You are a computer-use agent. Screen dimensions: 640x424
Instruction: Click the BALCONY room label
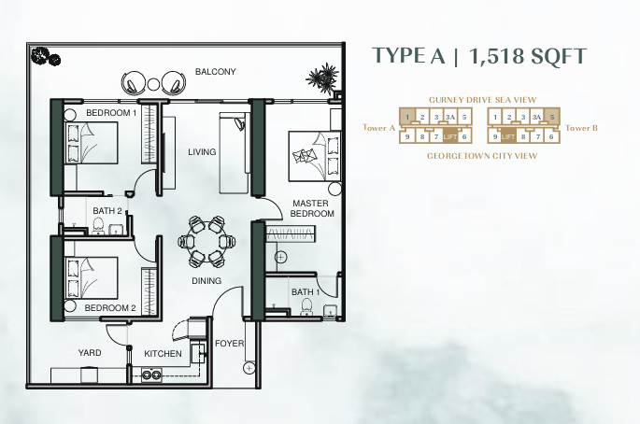pos(216,72)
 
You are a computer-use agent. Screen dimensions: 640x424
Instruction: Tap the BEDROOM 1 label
pos(111,113)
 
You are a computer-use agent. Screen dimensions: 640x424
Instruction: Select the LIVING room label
pos(202,152)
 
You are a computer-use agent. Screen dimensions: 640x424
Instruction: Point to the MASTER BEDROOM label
pos(312,208)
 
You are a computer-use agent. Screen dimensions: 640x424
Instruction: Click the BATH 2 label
pos(107,211)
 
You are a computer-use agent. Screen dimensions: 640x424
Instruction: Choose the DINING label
pos(206,281)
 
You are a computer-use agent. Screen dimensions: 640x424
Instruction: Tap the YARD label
pos(90,353)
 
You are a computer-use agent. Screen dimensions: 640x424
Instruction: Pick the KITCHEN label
pos(163,353)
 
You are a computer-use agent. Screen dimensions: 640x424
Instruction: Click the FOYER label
pos(230,344)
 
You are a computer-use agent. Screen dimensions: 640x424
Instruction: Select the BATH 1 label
pos(306,292)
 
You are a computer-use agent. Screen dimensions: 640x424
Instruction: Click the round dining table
pos(206,242)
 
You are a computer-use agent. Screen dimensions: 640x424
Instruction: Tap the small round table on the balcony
pos(153,84)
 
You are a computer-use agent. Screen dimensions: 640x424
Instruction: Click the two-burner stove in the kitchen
pos(151,375)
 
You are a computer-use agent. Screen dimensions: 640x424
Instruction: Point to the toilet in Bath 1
pos(306,307)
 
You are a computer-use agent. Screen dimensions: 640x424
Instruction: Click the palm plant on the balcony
pos(323,78)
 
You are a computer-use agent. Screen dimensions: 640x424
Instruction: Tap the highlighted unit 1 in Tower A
pos(407,117)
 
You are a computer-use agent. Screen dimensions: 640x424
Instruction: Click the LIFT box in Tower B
pos(507,136)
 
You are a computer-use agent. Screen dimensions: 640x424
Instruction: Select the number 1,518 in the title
pos(495,56)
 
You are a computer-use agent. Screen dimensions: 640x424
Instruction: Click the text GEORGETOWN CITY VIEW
pos(482,156)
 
